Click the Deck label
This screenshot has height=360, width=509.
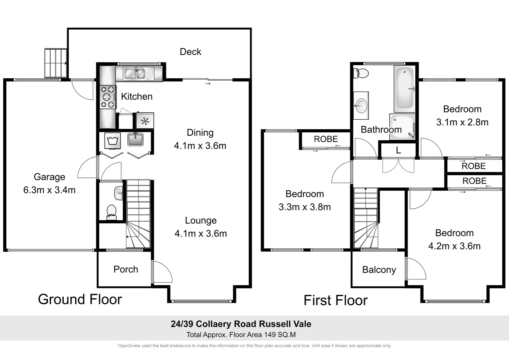pos(190,52)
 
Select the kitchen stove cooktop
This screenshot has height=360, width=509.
pos(108,97)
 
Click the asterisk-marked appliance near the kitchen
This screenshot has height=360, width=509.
pos(145,121)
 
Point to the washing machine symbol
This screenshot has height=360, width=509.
pos(112,141)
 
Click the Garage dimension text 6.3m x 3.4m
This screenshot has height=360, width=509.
pos(49,190)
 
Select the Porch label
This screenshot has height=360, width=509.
pos(126,269)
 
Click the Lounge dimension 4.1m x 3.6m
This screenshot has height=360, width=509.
pos(201,233)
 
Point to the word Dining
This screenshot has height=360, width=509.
pos(200,132)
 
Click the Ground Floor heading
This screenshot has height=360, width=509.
pos(80,299)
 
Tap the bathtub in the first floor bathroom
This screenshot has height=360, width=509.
pos(404,89)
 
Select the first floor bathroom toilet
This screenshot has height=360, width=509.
pos(361,73)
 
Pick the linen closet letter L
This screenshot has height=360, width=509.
pos(398,151)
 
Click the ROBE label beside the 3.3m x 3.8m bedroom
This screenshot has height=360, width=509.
pos(325,139)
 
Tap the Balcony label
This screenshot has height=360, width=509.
pos(379,270)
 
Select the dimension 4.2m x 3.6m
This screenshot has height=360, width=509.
pos(454,246)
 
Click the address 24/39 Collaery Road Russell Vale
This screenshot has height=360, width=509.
pos(241,324)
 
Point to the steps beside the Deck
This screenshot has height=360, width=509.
pos(56,63)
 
